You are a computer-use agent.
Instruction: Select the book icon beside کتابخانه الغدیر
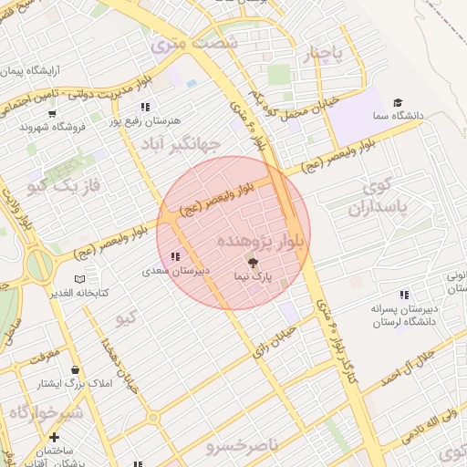coord(79,278)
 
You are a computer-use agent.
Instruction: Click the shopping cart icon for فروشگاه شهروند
coord(52,114)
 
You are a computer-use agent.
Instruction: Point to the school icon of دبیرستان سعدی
coord(174,256)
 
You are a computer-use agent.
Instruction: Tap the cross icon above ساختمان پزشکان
coord(54,438)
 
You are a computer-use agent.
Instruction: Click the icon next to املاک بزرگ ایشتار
coord(74,369)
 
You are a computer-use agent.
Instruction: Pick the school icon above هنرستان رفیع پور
coord(145,107)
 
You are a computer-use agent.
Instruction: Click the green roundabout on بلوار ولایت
coord(40,265)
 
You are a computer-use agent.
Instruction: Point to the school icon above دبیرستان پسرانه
coord(379,295)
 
